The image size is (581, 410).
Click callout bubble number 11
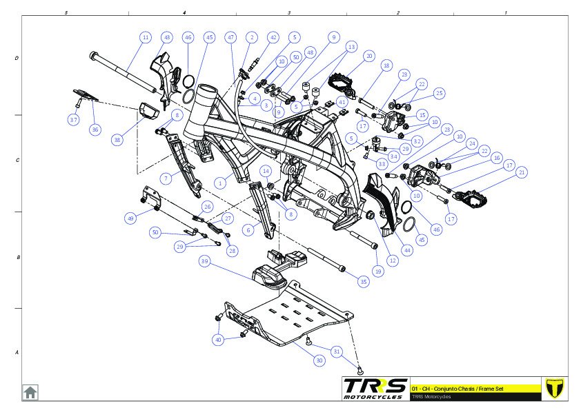pos(145,37)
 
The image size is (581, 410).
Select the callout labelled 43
pos(167,37)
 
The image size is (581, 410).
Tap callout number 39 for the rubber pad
pos(205,262)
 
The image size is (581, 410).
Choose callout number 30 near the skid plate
pos(319,360)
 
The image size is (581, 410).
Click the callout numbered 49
pos(130,218)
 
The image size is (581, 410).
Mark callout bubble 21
pos(522,172)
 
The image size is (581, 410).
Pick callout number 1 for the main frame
pos(220,183)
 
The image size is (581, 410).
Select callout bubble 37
pos(74,120)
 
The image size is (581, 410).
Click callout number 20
pos(369,56)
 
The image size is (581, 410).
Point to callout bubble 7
pos(166,178)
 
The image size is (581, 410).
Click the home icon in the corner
pos(30,392)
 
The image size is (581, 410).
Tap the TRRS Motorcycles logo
pos(375,388)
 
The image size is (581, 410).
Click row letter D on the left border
pos(17,59)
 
